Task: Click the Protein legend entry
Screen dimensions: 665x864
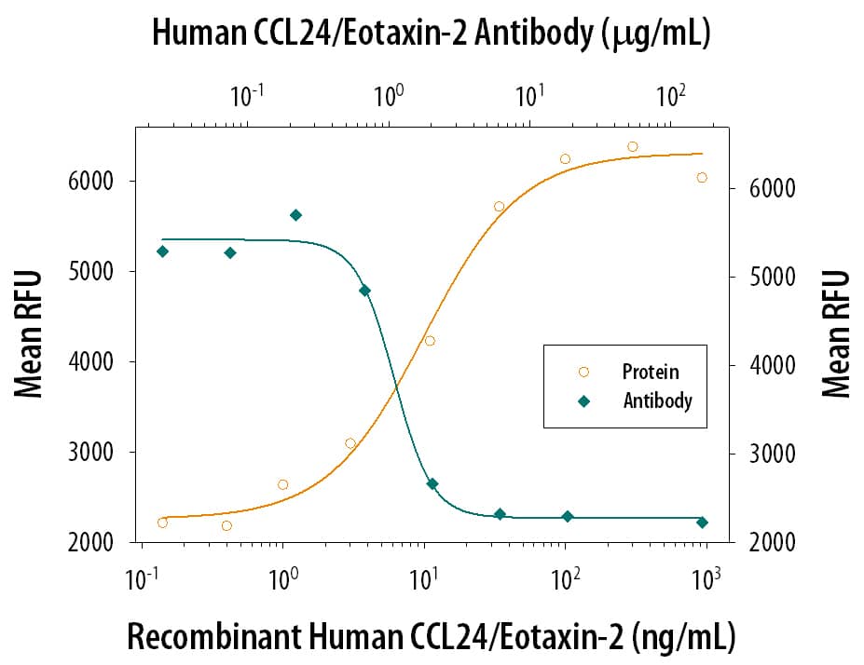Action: pyautogui.click(x=650, y=372)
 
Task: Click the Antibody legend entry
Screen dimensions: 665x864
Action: pyautogui.click(x=656, y=401)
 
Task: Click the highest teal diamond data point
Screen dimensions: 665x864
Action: pyautogui.click(x=295, y=215)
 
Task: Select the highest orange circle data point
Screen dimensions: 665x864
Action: pyautogui.click(x=632, y=146)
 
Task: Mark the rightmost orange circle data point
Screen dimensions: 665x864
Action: pyautogui.click(x=702, y=177)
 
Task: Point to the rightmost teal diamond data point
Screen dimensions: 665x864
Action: pyautogui.click(x=702, y=522)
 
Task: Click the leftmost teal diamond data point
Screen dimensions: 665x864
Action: pyautogui.click(x=163, y=251)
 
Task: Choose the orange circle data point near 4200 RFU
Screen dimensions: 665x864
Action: pyautogui.click(x=430, y=341)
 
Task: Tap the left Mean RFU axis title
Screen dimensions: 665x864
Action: pyautogui.click(x=30, y=333)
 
